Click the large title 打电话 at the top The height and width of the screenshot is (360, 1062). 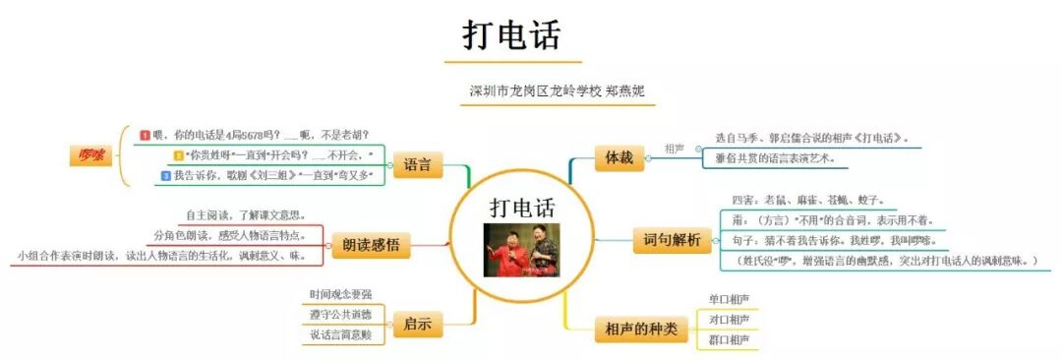coord(511,35)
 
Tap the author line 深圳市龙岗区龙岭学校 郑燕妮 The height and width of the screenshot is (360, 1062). coord(562,91)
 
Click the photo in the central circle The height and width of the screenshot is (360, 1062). coord(520,250)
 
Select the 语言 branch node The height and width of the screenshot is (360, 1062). coord(418,164)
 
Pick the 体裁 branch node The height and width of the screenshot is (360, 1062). coord(619,155)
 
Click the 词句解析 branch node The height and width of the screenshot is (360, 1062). coord(672,240)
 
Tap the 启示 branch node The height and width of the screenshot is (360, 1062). coord(417,323)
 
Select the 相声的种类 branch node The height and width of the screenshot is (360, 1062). coord(640,330)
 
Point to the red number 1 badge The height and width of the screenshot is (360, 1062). coord(146,135)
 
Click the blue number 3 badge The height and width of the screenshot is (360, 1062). coord(165,176)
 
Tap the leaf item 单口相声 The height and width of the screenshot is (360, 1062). coord(729,298)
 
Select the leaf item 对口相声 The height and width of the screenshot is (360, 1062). coord(729,319)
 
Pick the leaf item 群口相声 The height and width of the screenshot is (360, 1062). coord(729,339)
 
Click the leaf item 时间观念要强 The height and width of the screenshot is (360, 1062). coord(340,294)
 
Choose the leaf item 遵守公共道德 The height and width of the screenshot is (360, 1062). coord(340,315)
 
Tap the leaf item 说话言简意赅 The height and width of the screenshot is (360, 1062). coord(340,335)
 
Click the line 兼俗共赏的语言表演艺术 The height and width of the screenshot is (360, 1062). coord(777,158)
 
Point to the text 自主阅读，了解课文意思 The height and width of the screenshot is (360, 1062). coord(245,214)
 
